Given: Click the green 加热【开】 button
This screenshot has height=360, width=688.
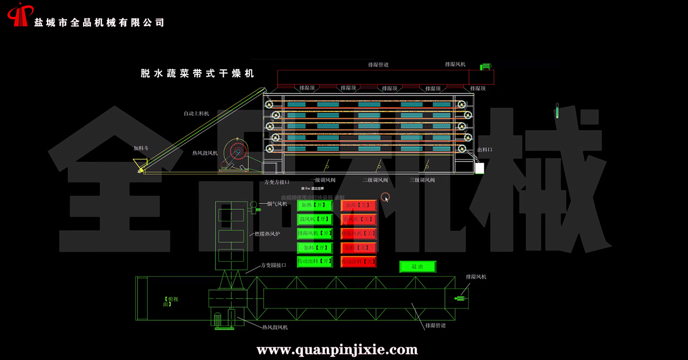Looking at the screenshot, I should pos(315,205).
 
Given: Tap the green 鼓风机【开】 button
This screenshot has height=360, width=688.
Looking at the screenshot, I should pos(315,219).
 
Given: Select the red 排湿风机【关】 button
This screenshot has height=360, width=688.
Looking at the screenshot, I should pos(359,233).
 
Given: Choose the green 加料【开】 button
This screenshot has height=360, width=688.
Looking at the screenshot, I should pos(315,248).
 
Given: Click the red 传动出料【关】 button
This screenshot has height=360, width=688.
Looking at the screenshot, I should pos(359,261).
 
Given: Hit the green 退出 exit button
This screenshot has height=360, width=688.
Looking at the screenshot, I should pos(417,267).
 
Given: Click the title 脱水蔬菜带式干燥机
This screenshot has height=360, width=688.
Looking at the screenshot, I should pos(197,74).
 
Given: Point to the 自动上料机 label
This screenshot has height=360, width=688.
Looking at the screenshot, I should pos(197,114).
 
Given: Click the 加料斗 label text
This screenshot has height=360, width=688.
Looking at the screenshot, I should pos(141,148).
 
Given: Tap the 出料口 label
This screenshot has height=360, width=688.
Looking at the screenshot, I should pos(484,150).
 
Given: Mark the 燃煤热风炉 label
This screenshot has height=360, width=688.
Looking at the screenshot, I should pos(268,234).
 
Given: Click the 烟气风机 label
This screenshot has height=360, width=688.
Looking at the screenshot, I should pos(277,204).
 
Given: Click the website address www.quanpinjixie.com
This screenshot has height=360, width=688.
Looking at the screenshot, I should pos(337,349).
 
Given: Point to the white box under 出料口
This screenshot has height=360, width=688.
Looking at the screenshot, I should pos(479,168).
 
